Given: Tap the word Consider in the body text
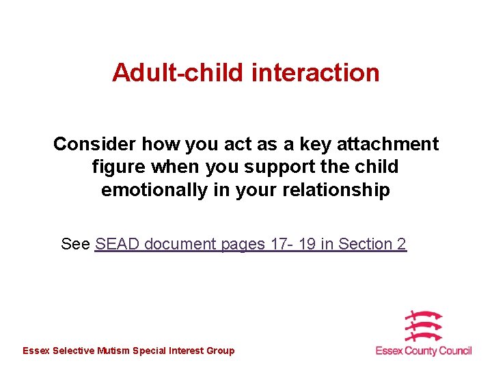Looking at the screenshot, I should point(94,144).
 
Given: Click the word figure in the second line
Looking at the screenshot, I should point(119,167).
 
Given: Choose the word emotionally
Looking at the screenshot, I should point(154,190).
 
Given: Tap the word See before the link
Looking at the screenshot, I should point(75,244).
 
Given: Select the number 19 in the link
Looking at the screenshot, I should point(307,244).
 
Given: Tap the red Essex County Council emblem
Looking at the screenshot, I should point(422,326).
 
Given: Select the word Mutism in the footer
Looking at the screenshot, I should point(114,351).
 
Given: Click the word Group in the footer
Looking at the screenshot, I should point(220,351).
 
